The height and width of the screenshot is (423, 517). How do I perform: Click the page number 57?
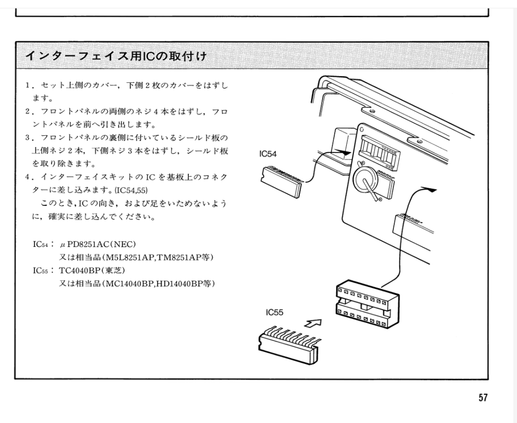pos(483,398)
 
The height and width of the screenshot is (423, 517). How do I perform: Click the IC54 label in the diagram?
pos(268,154)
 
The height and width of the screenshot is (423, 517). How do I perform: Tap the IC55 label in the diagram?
pos(275,312)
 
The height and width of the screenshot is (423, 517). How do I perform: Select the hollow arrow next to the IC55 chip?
pos(314,323)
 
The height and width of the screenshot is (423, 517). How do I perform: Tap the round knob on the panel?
pos(366,180)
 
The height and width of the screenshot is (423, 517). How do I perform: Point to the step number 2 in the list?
pos(28,111)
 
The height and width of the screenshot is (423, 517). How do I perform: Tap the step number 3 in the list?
pos(28,138)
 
